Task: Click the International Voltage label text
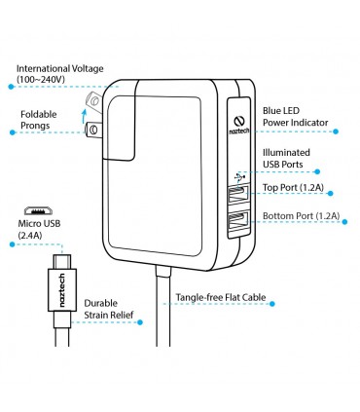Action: (60, 74)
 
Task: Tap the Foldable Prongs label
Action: (39, 120)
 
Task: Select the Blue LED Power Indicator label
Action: (295, 117)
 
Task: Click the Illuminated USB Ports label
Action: (286, 158)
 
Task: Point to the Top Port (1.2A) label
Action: (293, 187)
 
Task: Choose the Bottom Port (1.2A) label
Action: (301, 216)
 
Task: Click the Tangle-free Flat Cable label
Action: (221, 297)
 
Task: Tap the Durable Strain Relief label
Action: (109, 309)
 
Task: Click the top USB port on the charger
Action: (238, 194)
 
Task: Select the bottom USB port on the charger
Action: (238, 222)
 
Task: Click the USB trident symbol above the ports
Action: (239, 177)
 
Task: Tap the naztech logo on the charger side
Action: (239, 125)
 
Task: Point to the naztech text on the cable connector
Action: (62, 290)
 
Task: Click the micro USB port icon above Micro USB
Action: (39, 210)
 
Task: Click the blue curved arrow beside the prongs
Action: (85, 116)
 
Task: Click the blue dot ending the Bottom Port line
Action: (344, 222)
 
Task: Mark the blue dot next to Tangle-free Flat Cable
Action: (272, 304)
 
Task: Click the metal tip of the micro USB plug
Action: (62, 261)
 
